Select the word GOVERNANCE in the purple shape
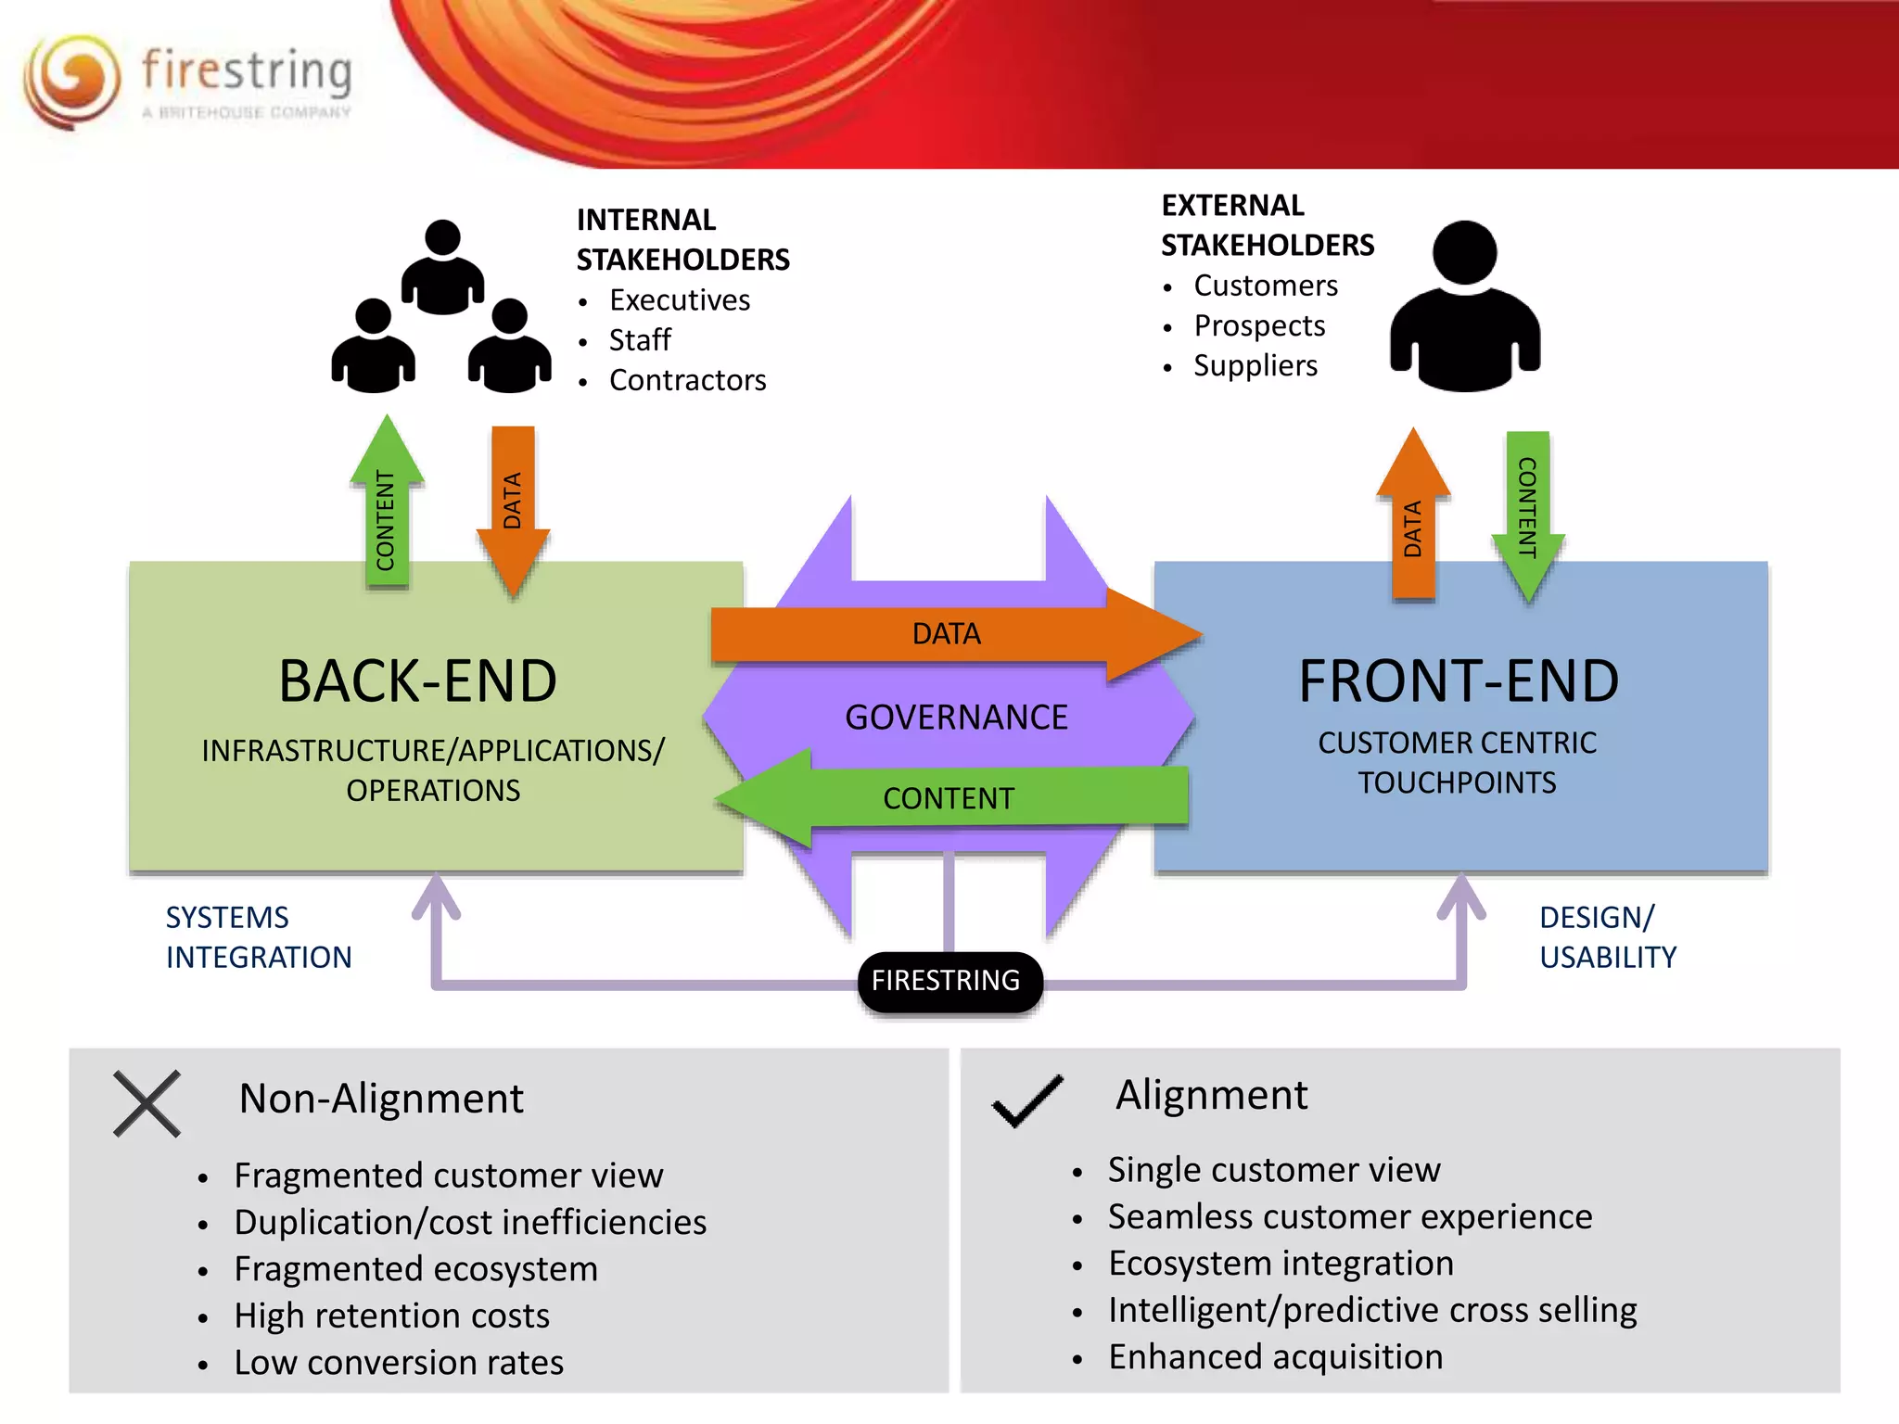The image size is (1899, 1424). (956, 718)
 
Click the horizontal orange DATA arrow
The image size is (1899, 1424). (946, 634)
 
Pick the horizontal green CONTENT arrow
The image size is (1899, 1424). (949, 798)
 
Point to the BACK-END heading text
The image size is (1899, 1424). (418, 681)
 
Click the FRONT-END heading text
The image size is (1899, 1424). (1459, 681)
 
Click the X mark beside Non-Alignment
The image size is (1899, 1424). (147, 1103)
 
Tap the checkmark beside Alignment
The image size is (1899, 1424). (1027, 1100)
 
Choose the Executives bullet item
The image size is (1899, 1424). (679, 300)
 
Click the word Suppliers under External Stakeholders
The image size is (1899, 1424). (1255, 365)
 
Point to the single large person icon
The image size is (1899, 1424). (1464, 311)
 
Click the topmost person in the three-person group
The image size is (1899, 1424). (443, 269)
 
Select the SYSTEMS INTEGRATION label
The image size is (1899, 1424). (258, 937)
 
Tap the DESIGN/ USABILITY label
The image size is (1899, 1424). (1607, 937)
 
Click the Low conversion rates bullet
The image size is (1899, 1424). (399, 1363)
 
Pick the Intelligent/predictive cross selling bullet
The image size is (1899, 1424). (1371, 1310)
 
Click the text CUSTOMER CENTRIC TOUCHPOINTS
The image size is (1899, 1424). (1457, 763)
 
